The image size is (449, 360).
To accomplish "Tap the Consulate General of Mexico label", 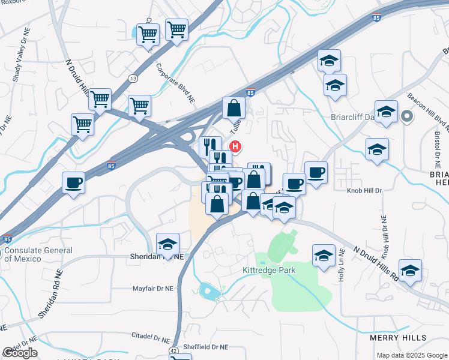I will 38,254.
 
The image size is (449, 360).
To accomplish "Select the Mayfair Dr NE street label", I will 152,289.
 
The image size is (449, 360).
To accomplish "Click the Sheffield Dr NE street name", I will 205,347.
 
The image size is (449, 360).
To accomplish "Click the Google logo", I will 20,353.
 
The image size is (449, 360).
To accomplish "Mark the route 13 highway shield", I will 132,79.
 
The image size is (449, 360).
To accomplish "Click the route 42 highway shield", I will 173,350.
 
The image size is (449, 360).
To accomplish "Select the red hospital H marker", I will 237,146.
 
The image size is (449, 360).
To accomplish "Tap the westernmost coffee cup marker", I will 73,182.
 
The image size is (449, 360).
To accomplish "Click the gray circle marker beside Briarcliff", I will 407,116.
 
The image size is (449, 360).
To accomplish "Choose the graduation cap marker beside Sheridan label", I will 168,244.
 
